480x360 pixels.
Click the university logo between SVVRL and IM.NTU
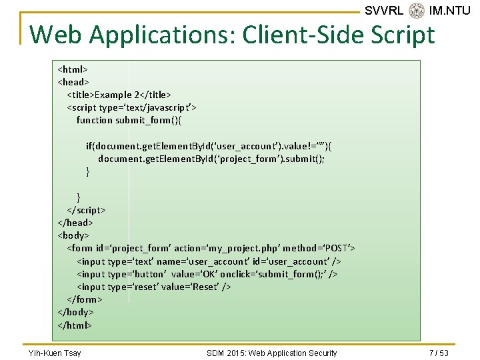click(x=417, y=11)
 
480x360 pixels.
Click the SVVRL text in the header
click(x=384, y=11)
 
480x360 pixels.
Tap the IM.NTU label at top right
click(x=450, y=11)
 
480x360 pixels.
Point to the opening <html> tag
click(x=73, y=69)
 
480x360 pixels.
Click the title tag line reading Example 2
click(x=119, y=95)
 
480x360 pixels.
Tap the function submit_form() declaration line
click(x=129, y=120)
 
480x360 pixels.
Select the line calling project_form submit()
click(x=211, y=159)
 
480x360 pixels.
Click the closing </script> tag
click(x=87, y=209)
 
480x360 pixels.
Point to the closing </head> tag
click(x=75, y=223)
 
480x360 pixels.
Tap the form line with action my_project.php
click(x=211, y=248)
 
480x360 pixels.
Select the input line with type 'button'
click(x=207, y=274)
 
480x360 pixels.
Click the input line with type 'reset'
click(x=154, y=287)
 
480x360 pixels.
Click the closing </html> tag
click(x=75, y=325)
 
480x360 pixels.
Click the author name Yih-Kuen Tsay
click(x=55, y=353)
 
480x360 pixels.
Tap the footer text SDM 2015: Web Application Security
click(x=272, y=353)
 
